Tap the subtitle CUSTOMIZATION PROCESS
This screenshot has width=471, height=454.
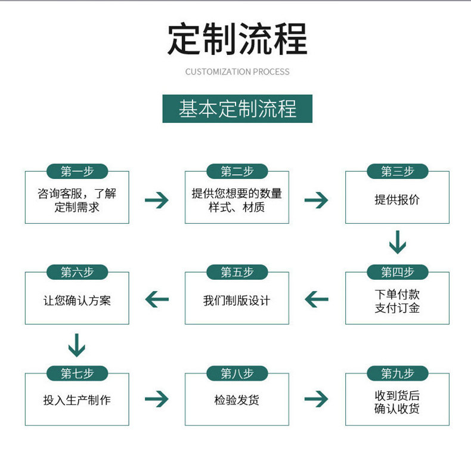[x=237, y=72]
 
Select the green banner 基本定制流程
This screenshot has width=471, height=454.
[x=237, y=109]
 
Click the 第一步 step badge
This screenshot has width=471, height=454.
[x=77, y=172]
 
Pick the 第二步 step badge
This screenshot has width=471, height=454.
[x=237, y=172]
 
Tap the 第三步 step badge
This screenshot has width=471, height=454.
[x=397, y=172]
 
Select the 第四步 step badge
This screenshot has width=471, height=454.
[x=397, y=273]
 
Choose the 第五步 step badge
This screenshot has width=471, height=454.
[x=237, y=273]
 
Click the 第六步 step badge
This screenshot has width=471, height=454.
[x=77, y=273]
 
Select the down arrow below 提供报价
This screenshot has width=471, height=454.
[x=397, y=242]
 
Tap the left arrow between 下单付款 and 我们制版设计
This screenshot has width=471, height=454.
[x=317, y=299]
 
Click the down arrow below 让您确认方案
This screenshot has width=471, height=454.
[x=77, y=345]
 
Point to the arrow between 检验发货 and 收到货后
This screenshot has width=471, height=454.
[x=317, y=399]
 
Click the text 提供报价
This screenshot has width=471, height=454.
[x=397, y=200]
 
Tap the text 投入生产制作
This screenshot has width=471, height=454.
[x=77, y=400]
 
